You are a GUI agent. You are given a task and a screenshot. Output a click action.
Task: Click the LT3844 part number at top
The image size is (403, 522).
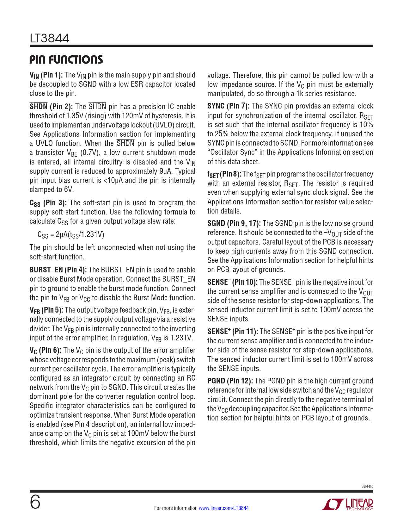click(49, 39)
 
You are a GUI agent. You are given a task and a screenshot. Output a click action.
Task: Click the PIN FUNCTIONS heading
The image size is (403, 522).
click(66, 59)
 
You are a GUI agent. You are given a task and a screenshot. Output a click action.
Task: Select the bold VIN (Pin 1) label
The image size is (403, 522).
click(46, 75)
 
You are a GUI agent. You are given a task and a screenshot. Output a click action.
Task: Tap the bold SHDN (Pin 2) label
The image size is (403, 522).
click(51, 107)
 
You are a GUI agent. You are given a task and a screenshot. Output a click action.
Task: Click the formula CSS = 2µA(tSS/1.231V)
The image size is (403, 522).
click(71, 235)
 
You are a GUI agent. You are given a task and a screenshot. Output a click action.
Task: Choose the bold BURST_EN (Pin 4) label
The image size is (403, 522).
click(58, 270)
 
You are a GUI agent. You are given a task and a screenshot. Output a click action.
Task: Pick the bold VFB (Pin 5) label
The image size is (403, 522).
click(46, 310)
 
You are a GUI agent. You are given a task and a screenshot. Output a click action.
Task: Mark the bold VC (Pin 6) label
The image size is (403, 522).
click(45, 351)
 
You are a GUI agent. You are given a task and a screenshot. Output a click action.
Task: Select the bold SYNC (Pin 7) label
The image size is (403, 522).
click(228, 106)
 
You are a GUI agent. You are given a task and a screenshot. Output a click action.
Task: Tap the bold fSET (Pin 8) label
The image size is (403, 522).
click(224, 174)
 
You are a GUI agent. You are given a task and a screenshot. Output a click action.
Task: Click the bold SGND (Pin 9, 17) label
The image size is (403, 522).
click(234, 224)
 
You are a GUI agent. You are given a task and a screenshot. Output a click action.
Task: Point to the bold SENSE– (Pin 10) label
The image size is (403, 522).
click(232, 282)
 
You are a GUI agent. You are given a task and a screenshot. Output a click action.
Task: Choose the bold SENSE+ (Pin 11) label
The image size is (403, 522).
click(233, 332)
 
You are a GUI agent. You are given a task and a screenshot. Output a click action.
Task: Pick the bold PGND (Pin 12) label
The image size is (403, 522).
click(230, 381)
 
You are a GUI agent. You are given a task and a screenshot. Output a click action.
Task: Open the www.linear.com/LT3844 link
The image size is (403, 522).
click(223, 508)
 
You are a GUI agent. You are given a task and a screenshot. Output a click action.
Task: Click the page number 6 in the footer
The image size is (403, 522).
click(35, 502)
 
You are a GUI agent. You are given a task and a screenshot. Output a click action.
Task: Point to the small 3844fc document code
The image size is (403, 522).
click(367, 486)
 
